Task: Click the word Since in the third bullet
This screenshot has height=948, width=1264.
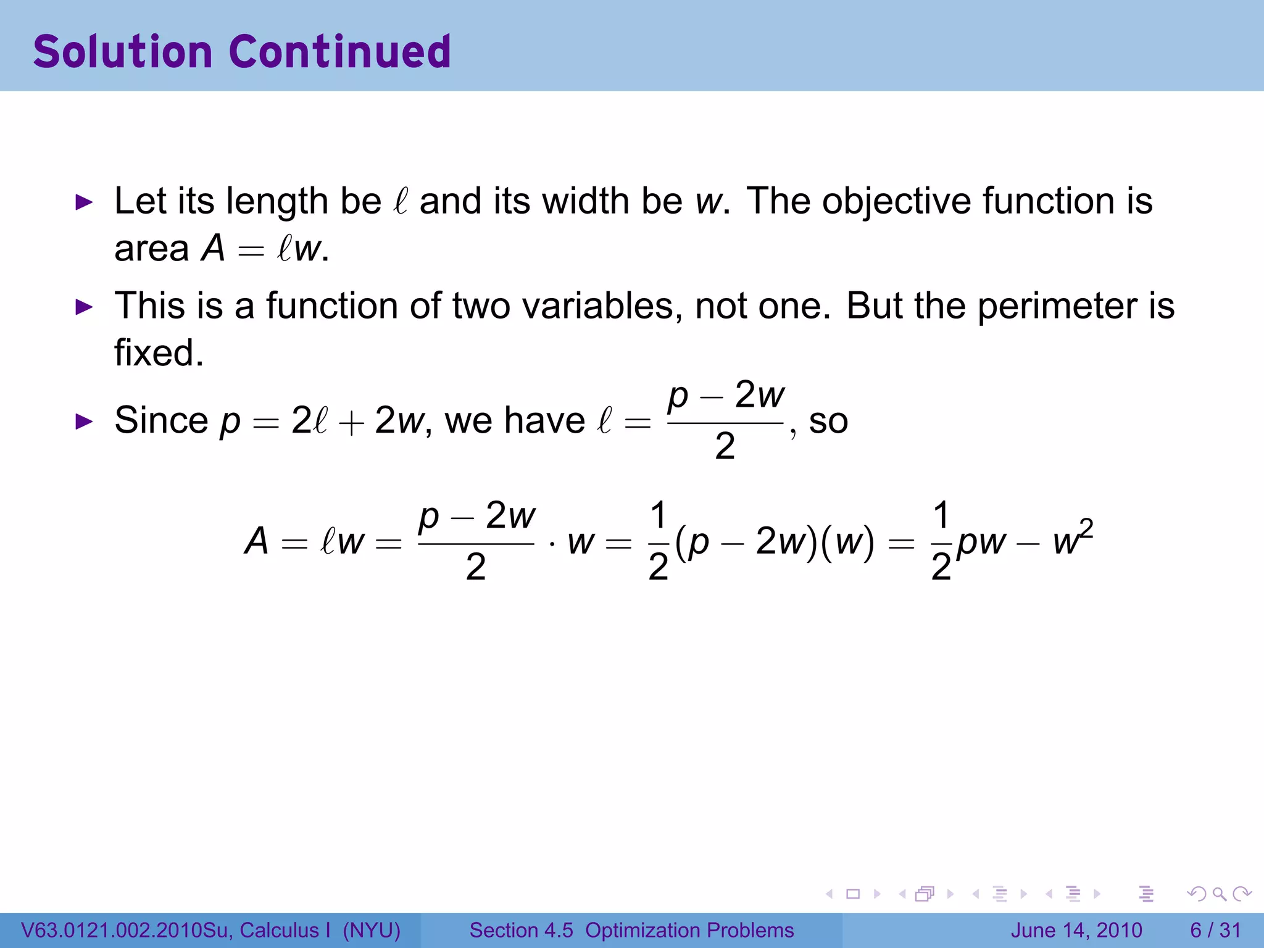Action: [162, 420]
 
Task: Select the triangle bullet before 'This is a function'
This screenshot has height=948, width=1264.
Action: [83, 307]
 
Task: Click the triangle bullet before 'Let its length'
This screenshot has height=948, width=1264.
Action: [83, 202]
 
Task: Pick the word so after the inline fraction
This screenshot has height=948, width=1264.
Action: [828, 422]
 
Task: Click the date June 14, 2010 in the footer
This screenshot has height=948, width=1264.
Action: [1076, 930]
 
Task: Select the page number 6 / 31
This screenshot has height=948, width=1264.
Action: [1215, 930]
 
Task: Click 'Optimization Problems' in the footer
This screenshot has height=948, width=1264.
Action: [689, 930]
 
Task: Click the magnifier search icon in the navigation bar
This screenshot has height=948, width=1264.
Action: [1219, 894]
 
